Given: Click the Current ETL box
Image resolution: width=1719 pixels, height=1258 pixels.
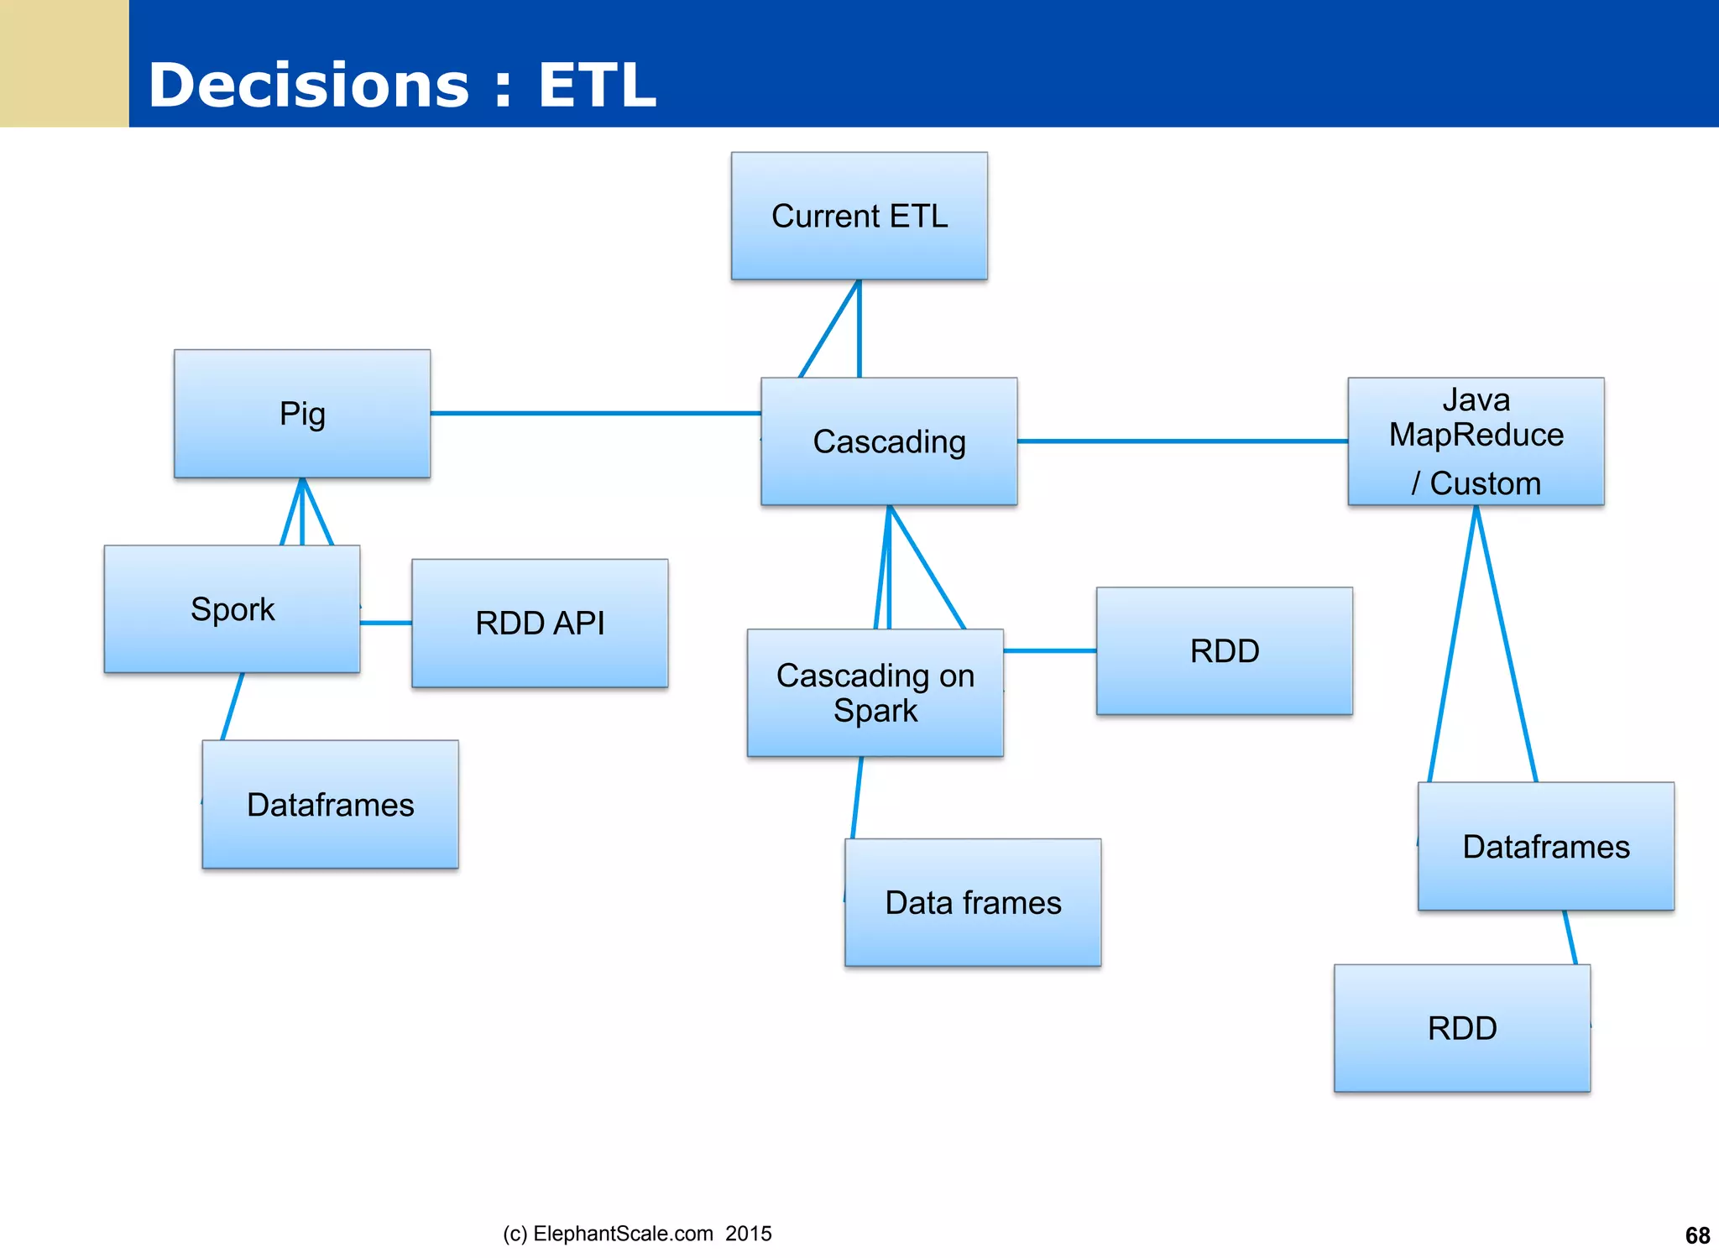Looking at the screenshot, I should click(x=859, y=216).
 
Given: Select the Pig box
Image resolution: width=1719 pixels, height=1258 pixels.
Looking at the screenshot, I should click(x=302, y=414).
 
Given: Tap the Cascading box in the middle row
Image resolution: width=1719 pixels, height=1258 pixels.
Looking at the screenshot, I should click(x=889, y=441).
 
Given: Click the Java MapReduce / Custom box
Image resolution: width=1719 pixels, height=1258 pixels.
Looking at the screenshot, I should click(x=1476, y=441).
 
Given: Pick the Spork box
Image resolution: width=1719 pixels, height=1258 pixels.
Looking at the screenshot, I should click(x=232, y=609).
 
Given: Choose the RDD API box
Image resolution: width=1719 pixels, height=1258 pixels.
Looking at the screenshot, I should click(x=540, y=624).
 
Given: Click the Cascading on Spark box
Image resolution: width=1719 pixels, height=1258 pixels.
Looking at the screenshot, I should click(x=875, y=693).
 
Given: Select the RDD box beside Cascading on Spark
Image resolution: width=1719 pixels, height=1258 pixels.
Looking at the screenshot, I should click(x=1224, y=651).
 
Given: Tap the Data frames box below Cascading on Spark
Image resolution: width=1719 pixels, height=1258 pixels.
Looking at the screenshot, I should click(x=973, y=903).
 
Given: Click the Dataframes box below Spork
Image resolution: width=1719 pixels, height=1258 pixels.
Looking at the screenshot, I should click(x=330, y=805).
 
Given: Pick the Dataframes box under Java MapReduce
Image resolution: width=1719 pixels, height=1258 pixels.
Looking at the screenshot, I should click(x=1545, y=847).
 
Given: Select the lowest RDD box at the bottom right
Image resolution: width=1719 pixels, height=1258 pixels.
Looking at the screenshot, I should click(x=1461, y=1029).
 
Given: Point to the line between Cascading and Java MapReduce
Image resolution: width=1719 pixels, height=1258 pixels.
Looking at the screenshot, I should click(x=1182, y=441).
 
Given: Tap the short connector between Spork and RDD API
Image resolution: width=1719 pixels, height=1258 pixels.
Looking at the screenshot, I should click(x=386, y=623).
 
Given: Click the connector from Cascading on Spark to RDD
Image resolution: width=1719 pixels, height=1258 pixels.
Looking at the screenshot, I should click(x=1049, y=650).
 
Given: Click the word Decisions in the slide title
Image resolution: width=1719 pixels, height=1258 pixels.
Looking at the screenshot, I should click(x=308, y=86).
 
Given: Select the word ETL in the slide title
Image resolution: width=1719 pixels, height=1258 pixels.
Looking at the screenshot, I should click(x=596, y=86).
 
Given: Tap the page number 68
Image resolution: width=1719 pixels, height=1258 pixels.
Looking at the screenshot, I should click(x=1697, y=1235).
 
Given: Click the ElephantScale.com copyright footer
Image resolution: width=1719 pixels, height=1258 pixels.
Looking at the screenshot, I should click(x=636, y=1234).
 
